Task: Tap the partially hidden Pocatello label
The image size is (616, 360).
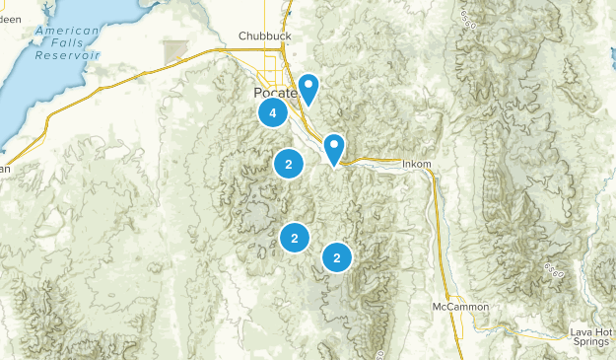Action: [x=263, y=91]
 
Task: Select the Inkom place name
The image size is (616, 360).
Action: [x=418, y=164]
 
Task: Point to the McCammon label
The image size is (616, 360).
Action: [x=460, y=307]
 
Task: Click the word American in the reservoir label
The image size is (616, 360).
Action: [x=66, y=32]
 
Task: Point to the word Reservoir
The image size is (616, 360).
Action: [x=68, y=56]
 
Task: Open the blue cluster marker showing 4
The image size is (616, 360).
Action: [x=272, y=112]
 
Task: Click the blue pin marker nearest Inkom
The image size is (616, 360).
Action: [x=334, y=148]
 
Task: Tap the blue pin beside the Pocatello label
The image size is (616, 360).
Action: [x=308, y=88]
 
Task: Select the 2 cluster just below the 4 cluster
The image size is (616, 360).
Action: [x=288, y=165]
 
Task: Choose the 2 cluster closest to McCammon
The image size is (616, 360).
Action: [x=337, y=257]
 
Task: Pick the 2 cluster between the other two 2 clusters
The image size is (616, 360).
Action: [x=294, y=237]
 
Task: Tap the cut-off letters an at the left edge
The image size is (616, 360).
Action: [x=4, y=169]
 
